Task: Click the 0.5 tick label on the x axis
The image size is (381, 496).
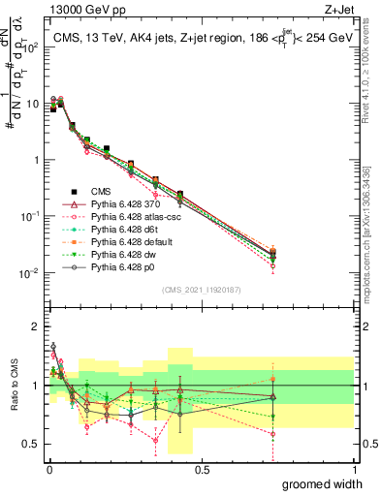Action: pyautogui.click(x=202, y=470)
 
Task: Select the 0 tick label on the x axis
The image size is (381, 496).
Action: pyautogui.click(x=49, y=470)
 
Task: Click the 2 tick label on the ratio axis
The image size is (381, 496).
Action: pyautogui.click(x=35, y=326)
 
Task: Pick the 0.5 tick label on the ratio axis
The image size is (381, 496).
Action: pyautogui.click(x=30, y=445)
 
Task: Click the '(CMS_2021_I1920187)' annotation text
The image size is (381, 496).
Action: pyautogui.click(x=201, y=289)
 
